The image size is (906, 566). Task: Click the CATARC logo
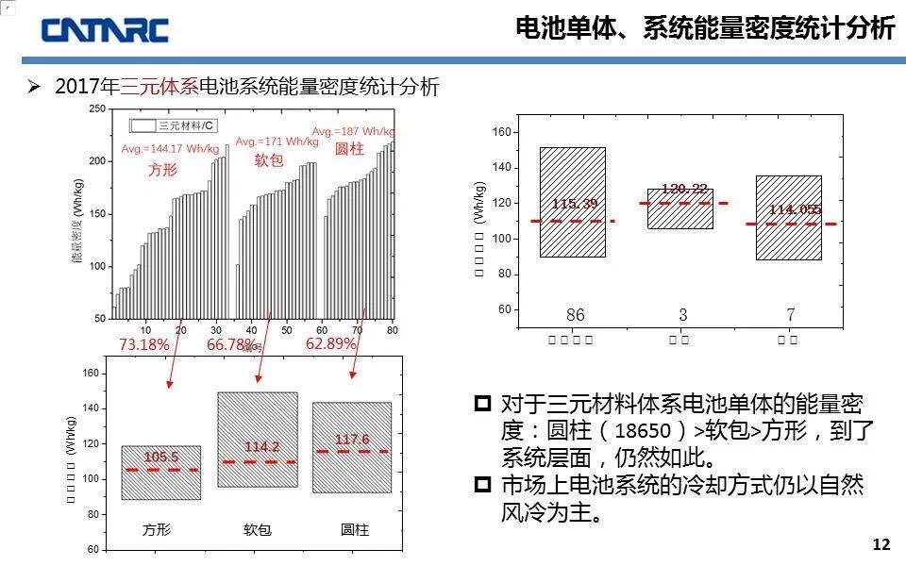(105, 29)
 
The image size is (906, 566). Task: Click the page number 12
(881, 545)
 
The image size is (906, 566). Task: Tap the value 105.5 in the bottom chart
(160, 458)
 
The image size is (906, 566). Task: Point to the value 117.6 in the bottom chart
(352, 440)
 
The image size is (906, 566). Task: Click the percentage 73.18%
(144, 344)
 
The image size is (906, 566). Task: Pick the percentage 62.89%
(331, 344)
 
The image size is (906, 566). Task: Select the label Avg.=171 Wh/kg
(277, 141)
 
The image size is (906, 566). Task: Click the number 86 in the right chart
(575, 315)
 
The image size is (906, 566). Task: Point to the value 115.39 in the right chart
(575, 205)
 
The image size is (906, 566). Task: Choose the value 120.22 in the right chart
(684, 190)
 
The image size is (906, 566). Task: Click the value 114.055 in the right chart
(795, 209)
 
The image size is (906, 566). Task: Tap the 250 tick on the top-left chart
(96, 109)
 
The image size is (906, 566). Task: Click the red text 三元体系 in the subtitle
(159, 87)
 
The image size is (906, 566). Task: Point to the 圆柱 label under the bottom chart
(355, 530)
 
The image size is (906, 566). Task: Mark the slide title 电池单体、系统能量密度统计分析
(705, 29)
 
